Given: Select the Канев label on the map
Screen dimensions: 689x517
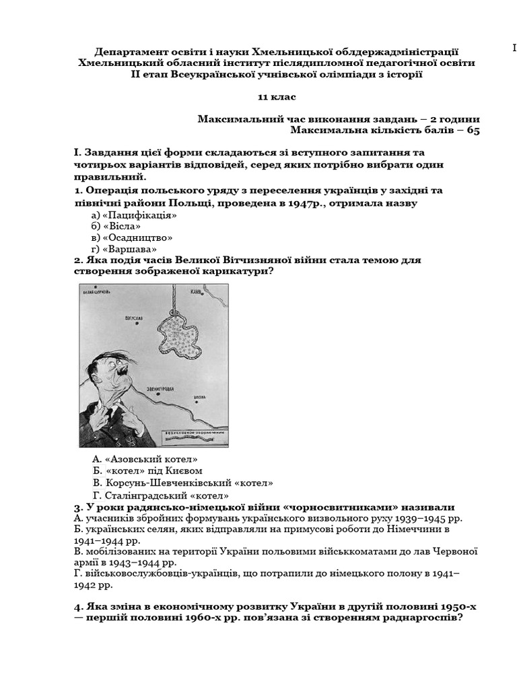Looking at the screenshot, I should tap(196, 293).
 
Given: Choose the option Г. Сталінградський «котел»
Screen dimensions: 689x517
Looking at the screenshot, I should tap(162, 495).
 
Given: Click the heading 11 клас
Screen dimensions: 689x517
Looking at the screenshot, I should tap(277, 98).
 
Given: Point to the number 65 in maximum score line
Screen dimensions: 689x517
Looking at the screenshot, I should tap(473, 131).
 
